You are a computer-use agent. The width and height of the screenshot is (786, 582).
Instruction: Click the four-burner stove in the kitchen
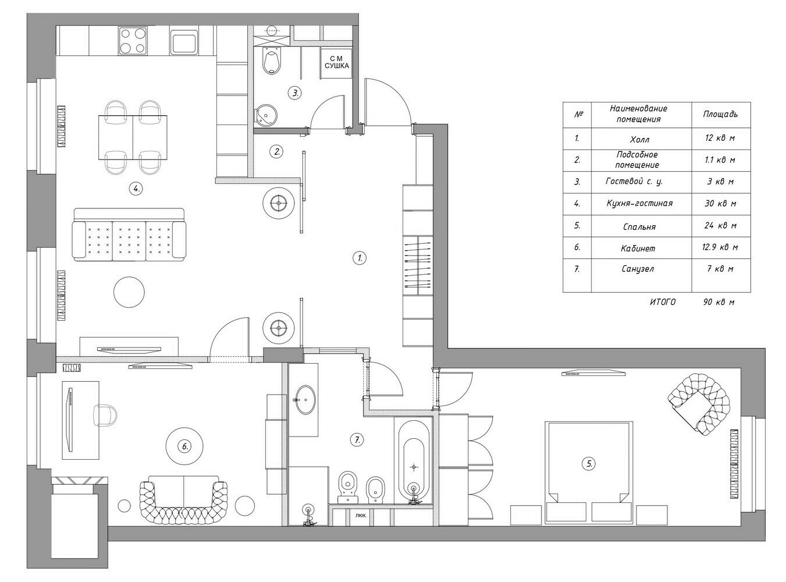coord(133,41)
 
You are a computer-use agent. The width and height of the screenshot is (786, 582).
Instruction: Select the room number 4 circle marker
coord(136,189)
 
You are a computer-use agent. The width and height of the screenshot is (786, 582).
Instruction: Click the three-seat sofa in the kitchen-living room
coord(129,235)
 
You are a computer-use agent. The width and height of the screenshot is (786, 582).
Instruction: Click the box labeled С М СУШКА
coord(336,63)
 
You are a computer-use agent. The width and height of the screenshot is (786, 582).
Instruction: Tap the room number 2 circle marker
coord(277,152)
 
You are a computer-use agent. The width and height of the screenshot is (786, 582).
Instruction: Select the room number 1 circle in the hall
coord(360,258)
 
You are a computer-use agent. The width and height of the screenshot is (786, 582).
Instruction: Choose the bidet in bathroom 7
coord(375,490)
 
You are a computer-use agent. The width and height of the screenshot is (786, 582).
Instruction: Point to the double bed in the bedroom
coord(589,471)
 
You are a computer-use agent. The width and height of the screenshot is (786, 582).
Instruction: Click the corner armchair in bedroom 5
coord(699,403)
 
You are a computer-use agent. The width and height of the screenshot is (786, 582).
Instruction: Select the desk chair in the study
coord(105,415)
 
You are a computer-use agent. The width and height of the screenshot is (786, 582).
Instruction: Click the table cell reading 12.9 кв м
coord(720,247)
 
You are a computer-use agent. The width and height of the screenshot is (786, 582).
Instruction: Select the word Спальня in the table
coord(639,226)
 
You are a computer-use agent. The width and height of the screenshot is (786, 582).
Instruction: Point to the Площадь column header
coord(720,114)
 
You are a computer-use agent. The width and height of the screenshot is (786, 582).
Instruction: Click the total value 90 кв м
coord(719,302)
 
